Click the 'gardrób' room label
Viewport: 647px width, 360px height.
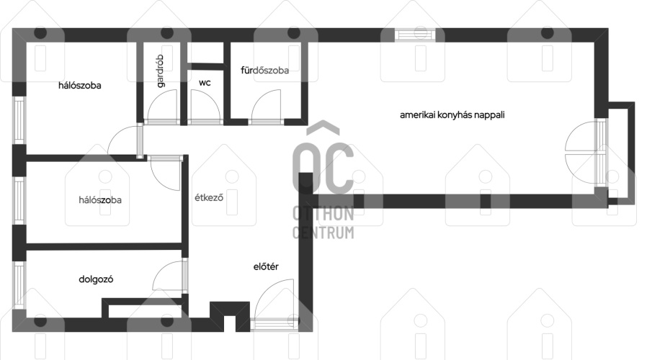point(160,71)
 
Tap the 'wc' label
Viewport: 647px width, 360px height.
point(205,83)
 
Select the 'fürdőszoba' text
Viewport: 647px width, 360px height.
point(264,70)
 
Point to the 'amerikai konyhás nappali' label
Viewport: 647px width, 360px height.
point(452,114)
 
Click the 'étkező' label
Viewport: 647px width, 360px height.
point(209,197)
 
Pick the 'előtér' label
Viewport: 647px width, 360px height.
point(266,266)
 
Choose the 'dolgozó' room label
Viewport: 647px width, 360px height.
point(96,279)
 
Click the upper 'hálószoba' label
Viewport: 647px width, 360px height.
point(80,86)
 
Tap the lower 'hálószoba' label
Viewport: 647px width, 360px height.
point(100,200)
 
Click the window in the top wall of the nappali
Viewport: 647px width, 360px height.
point(415,35)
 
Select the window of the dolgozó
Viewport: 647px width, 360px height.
point(19,285)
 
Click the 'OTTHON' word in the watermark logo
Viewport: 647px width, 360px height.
point(323,214)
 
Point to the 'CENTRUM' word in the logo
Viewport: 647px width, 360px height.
point(323,233)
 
